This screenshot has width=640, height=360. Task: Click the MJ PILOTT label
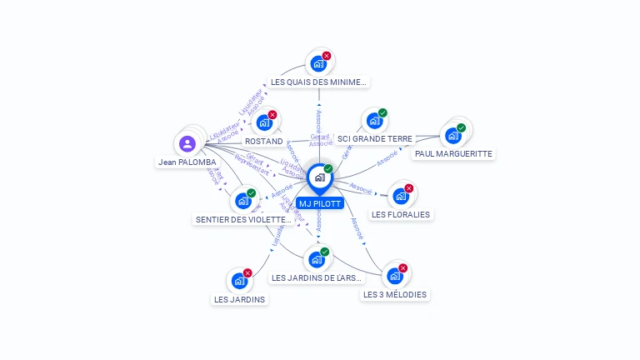319,203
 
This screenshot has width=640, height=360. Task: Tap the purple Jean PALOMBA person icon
187,144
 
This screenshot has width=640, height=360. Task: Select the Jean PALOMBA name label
187,162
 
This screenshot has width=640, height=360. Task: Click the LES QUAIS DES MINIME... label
318,82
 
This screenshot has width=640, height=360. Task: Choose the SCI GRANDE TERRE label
375,139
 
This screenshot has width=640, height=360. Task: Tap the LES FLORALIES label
401,214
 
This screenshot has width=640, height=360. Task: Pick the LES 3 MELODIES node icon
395,276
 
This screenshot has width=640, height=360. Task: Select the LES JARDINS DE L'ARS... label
317,277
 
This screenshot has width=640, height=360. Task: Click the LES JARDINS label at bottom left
239,299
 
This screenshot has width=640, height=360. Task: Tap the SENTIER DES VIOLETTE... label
243,220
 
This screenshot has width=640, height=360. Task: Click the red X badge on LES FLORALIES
409,188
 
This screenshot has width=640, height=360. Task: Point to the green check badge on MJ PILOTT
328,169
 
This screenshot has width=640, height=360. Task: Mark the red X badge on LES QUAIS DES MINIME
327,56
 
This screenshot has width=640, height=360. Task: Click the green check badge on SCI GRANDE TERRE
382,113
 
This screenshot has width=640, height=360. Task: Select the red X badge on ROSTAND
272,115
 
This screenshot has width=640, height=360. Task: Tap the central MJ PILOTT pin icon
319,177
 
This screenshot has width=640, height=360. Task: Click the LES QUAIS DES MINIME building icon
317,63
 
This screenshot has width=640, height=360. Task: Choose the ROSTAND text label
264,142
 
